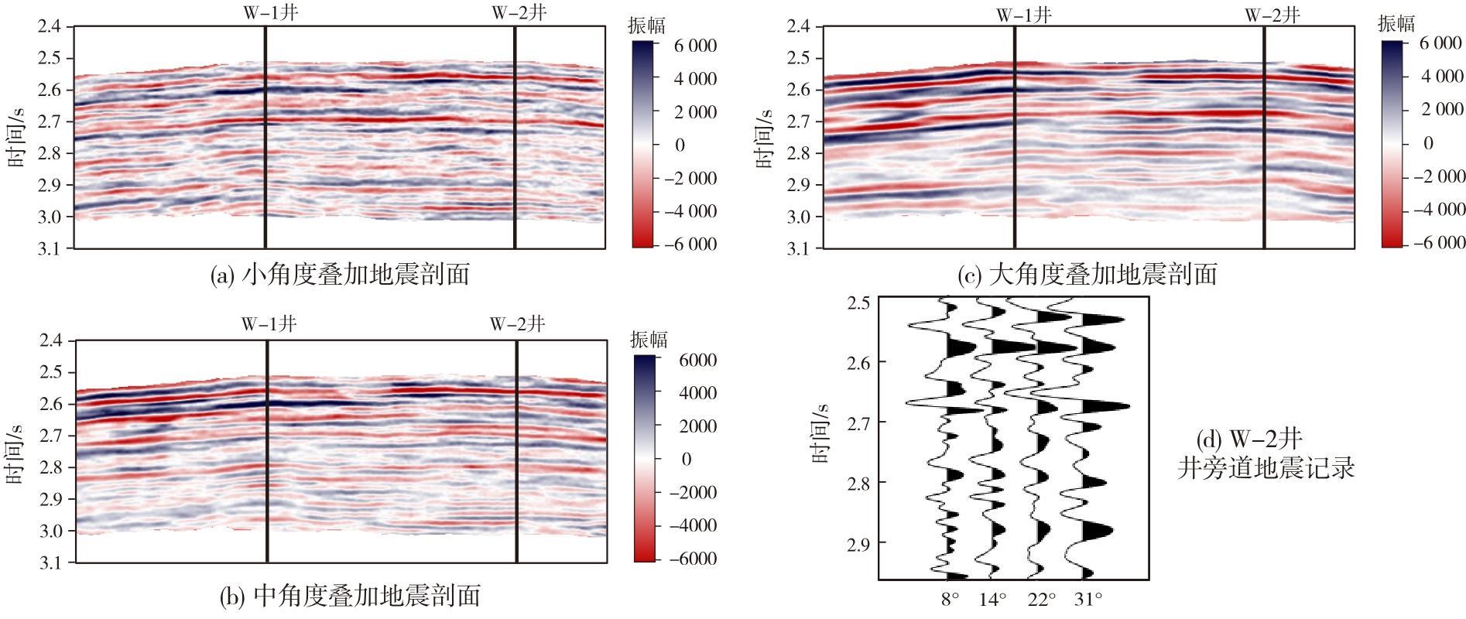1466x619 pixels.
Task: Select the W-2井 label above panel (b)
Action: tap(517, 323)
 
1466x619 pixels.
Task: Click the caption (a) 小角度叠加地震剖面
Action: tap(340, 274)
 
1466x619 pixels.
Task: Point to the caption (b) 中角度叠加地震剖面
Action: tap(350, 595)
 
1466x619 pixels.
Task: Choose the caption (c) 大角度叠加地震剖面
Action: tap(1088, 274)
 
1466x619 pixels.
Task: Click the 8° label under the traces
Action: tap(951, 598)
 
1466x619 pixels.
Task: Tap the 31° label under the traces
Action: tap(1088, 598)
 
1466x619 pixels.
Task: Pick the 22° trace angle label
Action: tap(1042, 598)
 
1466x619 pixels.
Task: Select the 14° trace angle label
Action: tap(992, 598)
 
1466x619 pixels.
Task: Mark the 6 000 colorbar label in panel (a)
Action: tap(696, 46)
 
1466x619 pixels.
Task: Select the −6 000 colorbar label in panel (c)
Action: tap(1438, 242)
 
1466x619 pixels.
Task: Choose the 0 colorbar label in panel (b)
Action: tap(686, 459)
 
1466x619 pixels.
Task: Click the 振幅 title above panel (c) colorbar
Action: tap(1396, 23)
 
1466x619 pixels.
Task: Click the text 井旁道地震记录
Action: tap(1266, 468)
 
